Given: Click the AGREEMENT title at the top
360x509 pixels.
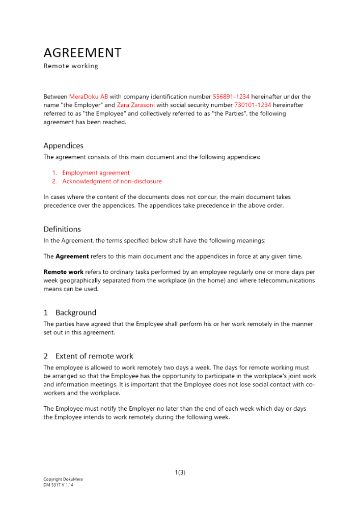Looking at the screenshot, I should tap(82, 53).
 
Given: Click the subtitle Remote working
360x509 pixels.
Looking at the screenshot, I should tap(71, 66).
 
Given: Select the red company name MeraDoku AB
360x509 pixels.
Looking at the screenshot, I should tap(89, 97).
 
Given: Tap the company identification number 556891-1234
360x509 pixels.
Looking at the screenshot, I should tap(231, 97).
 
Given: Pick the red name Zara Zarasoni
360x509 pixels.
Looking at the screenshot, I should tap(136, 105).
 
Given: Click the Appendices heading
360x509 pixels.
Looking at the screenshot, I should tap(63, 146).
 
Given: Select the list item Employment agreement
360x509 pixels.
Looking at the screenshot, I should tap(96, 173).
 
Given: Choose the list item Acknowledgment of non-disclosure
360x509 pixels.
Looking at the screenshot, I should tap(112, 181).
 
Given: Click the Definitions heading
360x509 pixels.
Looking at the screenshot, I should tap(62, 230).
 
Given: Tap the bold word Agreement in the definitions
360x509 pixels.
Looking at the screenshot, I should tap(72, 257).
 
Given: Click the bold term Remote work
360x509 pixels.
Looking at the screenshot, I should tap(63, 272).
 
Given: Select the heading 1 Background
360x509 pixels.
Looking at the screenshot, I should tap(70, 313).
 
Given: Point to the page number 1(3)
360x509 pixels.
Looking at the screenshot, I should tap(180, 472).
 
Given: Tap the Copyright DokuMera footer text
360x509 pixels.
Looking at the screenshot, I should tap(63, 479).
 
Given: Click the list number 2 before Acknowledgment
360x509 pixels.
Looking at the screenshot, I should tap(54, 181).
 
